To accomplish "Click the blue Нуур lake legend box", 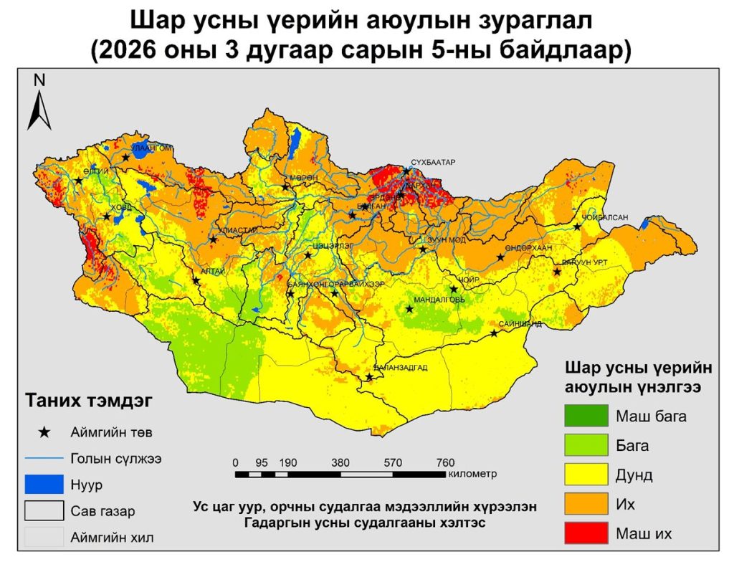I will pyautogui.click(x=44, y=485).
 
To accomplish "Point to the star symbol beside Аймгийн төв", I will pyautogui.click(x=44, y=432).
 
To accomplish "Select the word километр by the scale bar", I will pyautogui.click(x=472, y=474).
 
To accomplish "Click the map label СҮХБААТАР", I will pyautogui.click(x=432, y=163).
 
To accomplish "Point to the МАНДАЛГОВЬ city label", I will pyautogui.click(x=439, y=300).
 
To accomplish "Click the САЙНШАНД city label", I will pyautogui.click(x=524, y=325).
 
